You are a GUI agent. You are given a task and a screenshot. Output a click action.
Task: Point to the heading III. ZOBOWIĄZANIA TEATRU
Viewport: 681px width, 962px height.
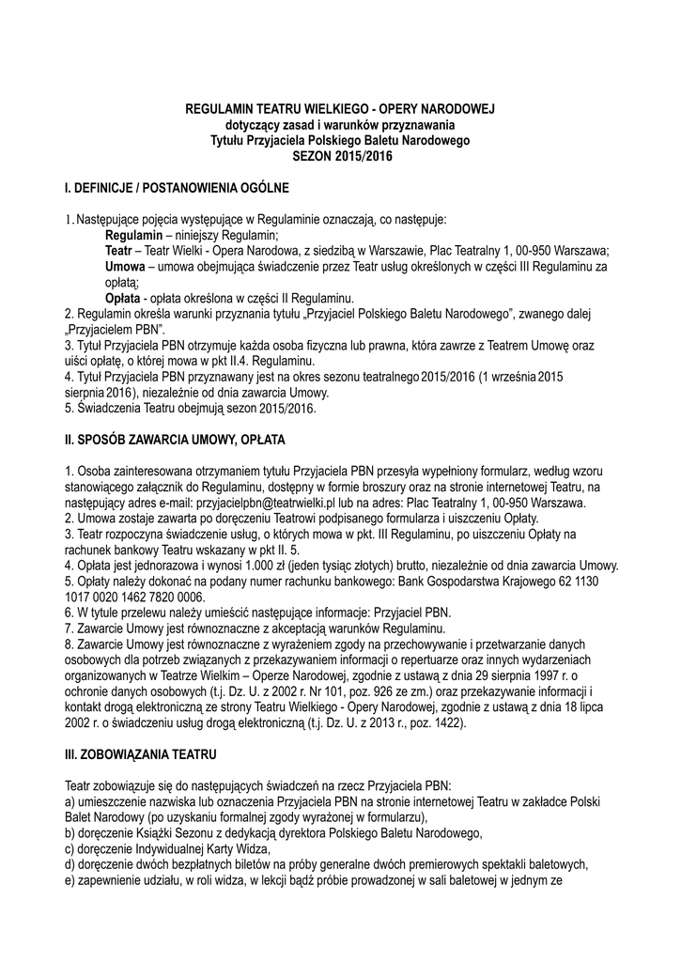pyautogui.click(x=141, y=754)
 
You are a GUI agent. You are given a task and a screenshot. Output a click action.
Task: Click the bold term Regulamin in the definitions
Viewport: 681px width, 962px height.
pyautogui.click(x=136, y=235)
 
